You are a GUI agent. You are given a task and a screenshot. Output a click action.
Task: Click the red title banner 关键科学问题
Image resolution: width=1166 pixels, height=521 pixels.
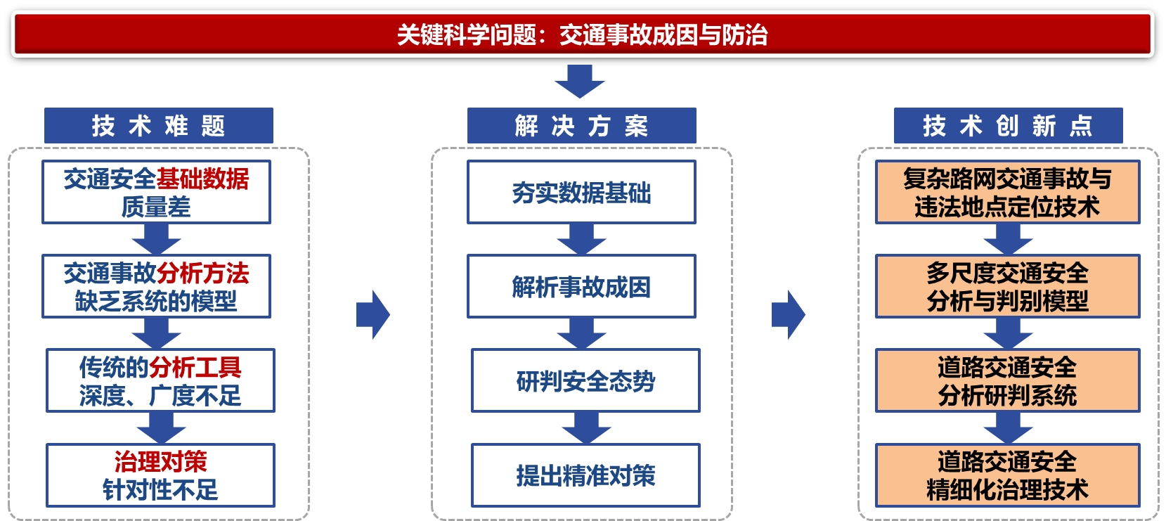point(582,34)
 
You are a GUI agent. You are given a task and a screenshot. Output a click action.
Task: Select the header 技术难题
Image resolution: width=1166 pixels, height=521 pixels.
point(158,126)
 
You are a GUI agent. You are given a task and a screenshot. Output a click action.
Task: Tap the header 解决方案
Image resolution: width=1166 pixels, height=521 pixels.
point(581,126)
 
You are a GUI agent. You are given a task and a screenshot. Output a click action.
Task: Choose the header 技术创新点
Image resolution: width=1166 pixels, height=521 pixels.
point(1008,126)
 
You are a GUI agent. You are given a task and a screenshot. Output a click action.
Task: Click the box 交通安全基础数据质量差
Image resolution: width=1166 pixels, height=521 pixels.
point(156,192)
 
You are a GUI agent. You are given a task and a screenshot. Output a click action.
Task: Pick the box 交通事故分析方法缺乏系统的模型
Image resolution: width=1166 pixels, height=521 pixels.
point(156,286)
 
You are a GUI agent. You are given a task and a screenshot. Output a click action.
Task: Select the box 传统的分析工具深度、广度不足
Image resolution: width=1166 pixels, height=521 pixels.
point(160,380)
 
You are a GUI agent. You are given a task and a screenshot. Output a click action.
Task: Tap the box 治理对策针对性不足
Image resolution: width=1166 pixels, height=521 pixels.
point(160,475)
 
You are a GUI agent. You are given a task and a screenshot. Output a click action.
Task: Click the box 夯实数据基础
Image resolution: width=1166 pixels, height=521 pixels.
point(581,192)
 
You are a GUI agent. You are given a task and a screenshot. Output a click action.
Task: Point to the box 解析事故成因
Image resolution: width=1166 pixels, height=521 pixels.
point(581,286)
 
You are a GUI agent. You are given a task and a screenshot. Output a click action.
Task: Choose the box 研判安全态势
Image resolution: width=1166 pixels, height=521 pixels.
point(585,380)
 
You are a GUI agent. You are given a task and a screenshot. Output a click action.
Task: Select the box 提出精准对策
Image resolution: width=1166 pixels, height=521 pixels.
point(585,475)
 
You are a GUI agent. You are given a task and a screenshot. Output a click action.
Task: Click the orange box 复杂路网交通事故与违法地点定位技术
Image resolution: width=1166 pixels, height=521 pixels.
point(1007,192)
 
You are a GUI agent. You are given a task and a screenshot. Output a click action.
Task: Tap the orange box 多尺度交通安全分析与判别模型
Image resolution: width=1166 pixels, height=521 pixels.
point(1007,286)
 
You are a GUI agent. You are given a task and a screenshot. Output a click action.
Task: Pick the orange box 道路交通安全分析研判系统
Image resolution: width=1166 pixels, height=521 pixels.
point(1007,380)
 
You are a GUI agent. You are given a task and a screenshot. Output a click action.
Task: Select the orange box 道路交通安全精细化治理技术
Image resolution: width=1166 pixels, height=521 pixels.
point(1007,475)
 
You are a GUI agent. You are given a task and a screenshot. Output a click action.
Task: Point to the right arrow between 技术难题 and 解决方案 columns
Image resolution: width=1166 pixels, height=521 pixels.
point(373,314)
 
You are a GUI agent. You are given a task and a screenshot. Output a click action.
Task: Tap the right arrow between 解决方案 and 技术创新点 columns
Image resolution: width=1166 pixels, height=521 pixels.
point(789,314)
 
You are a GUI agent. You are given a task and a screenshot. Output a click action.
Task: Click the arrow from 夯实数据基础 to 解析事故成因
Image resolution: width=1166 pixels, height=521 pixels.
point(581,240)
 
